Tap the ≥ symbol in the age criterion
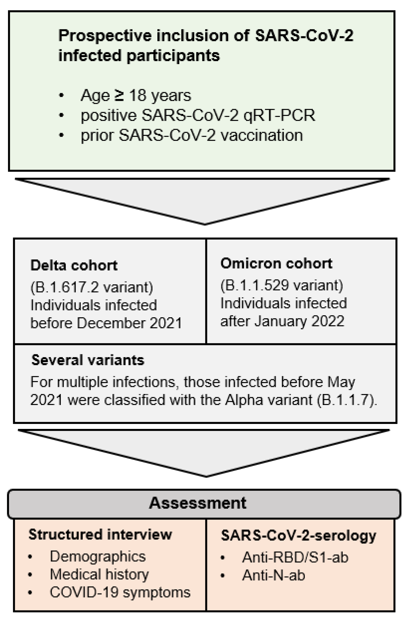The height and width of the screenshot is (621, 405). [119, 96]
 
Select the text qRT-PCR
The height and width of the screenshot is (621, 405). [279, 115]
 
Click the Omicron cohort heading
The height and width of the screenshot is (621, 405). [276, 263]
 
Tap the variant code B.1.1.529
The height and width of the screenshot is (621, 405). [256, 285]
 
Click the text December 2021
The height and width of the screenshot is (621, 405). [129, 323]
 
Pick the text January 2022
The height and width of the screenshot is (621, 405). [299, 321]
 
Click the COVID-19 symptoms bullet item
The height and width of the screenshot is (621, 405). [120, 592]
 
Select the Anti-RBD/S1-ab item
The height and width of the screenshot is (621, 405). [295, 557]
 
